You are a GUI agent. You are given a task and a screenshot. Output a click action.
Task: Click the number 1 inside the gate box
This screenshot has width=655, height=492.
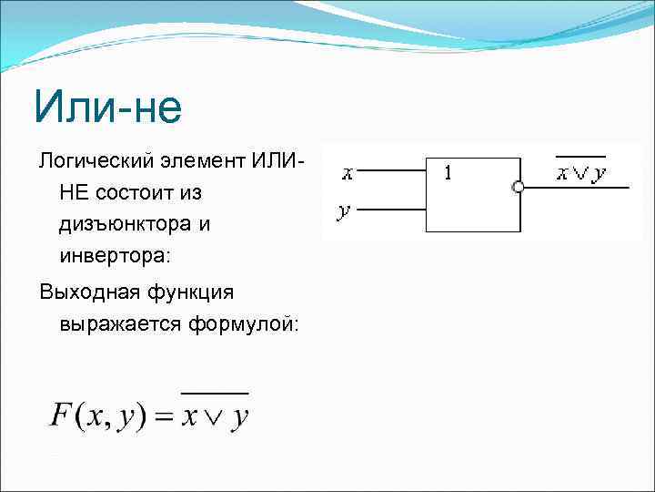coord(448,171)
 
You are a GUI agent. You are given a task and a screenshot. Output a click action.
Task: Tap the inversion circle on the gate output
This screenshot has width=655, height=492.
coord(519,188)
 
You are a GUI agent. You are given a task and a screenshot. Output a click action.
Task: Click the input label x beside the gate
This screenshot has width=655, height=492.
coord(348,170)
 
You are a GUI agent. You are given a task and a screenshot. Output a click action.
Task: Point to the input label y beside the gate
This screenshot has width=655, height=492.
coord(343,211)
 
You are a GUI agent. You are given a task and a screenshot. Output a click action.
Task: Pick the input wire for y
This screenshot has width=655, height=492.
coord(391,210)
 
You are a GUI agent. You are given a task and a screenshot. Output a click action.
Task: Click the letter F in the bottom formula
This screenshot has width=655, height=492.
coord(61,416)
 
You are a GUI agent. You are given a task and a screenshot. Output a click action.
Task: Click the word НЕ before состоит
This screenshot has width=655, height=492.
coord(72,193)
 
